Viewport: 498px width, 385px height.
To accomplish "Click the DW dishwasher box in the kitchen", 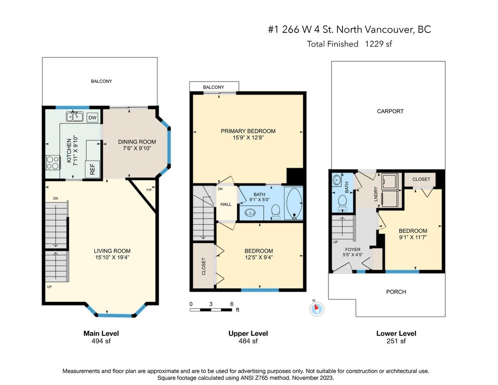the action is tap(93, 117).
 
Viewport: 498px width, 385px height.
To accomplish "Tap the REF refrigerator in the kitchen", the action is tap(93, 169).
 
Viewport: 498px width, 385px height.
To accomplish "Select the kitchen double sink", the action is tap(75, 117).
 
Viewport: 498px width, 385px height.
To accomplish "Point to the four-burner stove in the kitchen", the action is tap(53, 163).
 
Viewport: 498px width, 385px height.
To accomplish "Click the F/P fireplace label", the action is tap(149, 190).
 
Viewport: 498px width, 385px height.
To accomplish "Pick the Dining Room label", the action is tap(137, 142).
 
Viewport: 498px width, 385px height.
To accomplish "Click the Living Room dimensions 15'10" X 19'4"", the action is tap(112, 257).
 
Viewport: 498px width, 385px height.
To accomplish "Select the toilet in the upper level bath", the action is tap(276, 212).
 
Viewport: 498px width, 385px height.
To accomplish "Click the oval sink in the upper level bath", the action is tap(250, 213).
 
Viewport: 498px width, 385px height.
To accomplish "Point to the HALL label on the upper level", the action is tap(226, 204).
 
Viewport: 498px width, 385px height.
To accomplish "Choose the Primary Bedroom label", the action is tap(248, 131).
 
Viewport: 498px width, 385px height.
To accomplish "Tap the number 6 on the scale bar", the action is tap(232, 304).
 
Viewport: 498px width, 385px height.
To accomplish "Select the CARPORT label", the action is tap(390, 111).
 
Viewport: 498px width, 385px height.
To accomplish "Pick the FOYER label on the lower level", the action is tap(353, 249).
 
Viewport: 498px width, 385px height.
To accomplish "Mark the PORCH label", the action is tap(396, 292).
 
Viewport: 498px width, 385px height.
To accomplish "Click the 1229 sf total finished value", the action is tap(378, 44).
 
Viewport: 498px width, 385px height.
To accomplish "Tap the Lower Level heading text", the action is tap(396, 333).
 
